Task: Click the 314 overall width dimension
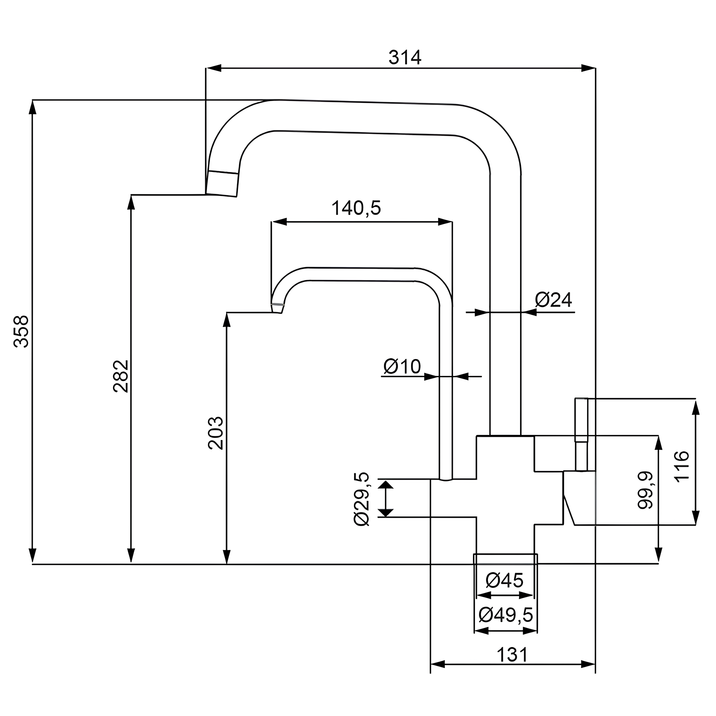click(x=405, y=58)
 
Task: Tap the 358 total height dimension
click(x=22, y=331)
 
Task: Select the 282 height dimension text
click(x=121, y=376)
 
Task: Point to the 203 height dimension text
click(x=216, y=433)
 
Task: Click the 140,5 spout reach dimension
click(x=356, y=208)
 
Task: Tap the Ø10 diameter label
click(x=402, y=367)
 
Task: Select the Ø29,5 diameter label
click(x=362, y=499)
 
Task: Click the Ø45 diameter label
click(x=505, y=580)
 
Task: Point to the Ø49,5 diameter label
click(x=506, y=615)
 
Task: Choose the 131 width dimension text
click(x=512, y=655)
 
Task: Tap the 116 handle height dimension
click(x=682, y=466)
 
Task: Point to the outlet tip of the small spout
click(x=277, y=308)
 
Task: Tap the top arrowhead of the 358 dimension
click(x=32, y=108)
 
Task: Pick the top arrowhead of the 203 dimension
click(x=227, y=320)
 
